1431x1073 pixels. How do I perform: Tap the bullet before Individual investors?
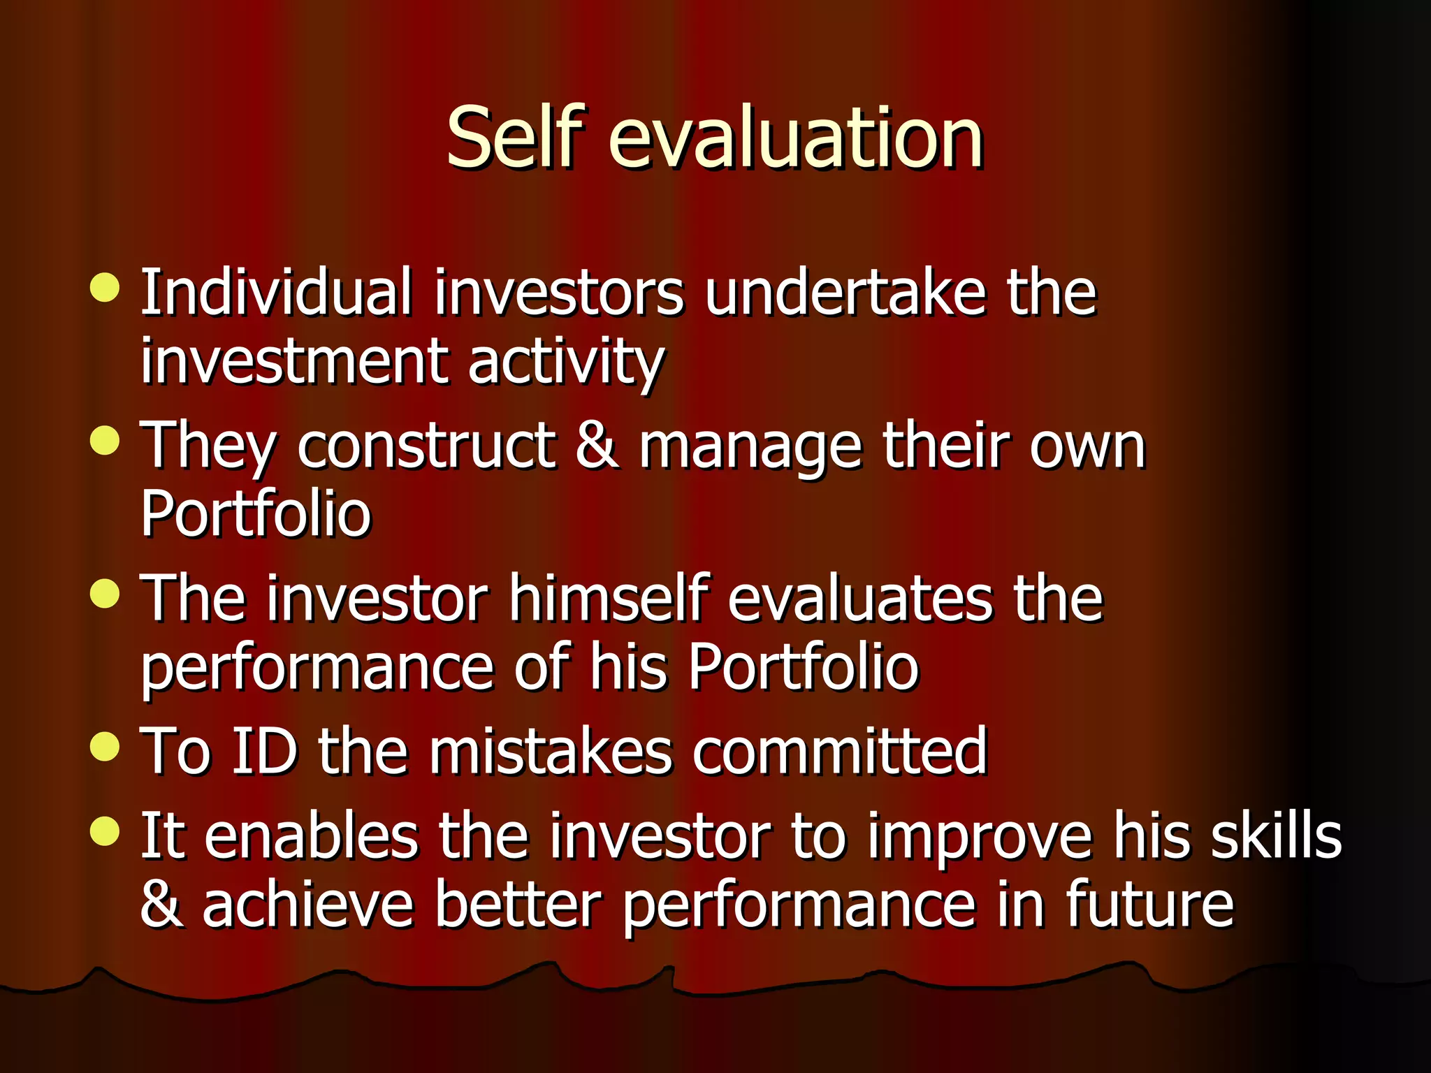click(105, 288)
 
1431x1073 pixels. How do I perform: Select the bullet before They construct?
click(105, 441)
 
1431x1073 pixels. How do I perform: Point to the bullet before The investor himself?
click(105, 594)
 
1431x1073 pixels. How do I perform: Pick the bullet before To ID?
click(105, 746)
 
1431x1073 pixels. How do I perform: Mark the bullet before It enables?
click(105, 831)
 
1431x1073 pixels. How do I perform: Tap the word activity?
click(566, 363)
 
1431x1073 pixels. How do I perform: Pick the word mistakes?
click(551, 751)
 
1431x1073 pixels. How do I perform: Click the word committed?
click(839, 751)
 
